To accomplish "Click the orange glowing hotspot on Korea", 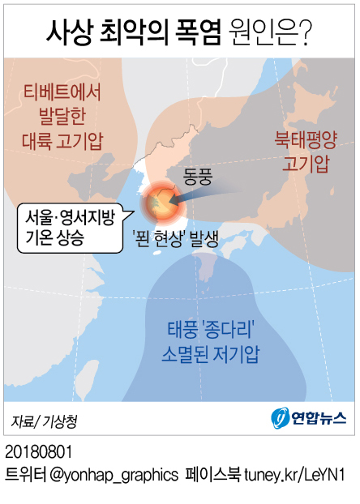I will (x=160, y=206).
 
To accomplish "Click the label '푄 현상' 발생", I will (x=179, y=237).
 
